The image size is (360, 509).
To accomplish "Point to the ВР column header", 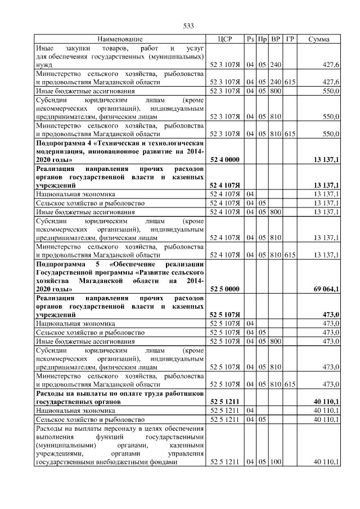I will pyautogui.click(x=276, y=39).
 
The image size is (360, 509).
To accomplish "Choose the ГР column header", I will pyautogui.click(x=290, y=39).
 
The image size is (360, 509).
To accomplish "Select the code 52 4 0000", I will pyautogui.click(x=224, y=160).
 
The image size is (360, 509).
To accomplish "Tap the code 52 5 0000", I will pyautogui.click(x=224, y=289).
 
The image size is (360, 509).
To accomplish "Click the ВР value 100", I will pyautogui.click(x=276, y=462).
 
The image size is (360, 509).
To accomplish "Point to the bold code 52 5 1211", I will pyautogui.click(x=224, y=402).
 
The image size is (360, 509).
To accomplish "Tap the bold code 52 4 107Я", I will pyautogui.click(x=224, y=185).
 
